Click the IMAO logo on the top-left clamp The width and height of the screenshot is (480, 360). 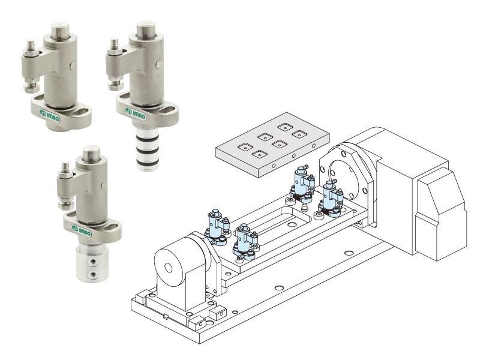(x=49, y=115)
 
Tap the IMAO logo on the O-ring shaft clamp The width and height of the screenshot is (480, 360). (x=135, y=113)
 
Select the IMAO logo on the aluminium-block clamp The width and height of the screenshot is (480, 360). (x=82, y=230)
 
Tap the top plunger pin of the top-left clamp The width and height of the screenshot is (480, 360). (x=61, y=31)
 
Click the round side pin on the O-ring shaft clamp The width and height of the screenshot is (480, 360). (x=159, y=64)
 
